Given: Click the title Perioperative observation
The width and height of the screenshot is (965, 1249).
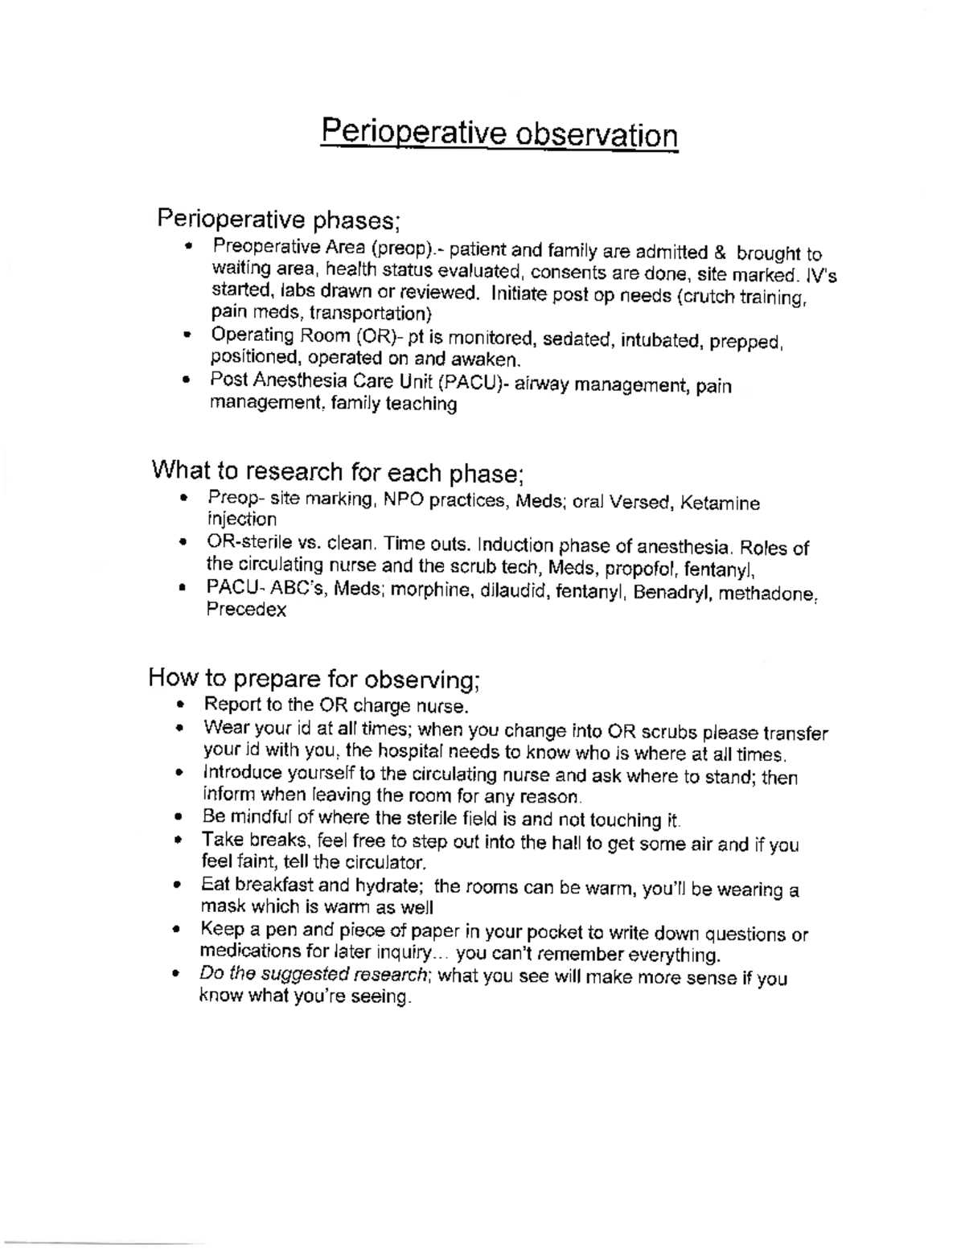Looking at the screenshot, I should tap(499, 133).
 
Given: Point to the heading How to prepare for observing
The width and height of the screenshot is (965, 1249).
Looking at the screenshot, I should tap(314, 680).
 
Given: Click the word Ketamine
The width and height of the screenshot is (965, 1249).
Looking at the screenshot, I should tap(720, 503).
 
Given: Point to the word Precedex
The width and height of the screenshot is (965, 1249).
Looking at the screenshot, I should tap(246, 610).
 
